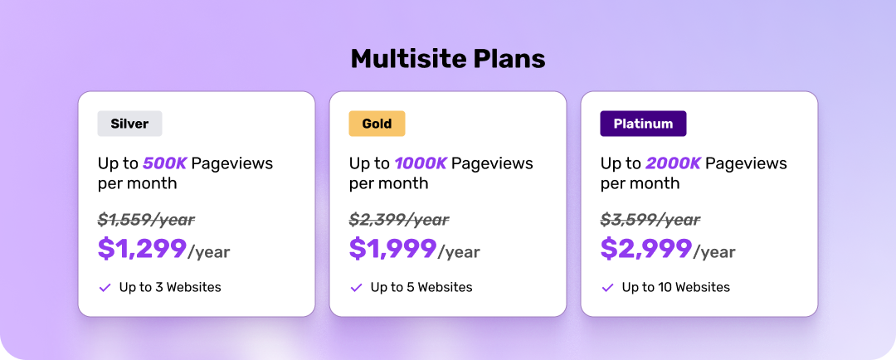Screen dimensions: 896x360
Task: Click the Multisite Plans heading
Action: tap(448, 59)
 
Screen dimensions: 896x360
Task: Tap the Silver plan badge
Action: tap(129, 124)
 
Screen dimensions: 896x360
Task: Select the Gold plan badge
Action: tap(377, 124)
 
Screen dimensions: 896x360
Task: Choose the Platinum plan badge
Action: tap(643, 124)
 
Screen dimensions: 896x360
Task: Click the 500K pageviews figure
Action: tap(164, 163)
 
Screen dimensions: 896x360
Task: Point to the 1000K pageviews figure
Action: tap(421, 163)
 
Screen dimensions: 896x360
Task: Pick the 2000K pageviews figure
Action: tap(673, 163)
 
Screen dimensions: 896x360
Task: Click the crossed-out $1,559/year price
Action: tap(146, 220)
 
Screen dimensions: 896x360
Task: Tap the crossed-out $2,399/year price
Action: tap(399, 220)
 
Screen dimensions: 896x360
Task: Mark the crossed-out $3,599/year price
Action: tap(650, 220)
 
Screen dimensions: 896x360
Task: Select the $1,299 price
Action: tap(143, 249)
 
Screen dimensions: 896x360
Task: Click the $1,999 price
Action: tap(393, 249)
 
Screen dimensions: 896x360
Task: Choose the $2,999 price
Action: tap(646, 249)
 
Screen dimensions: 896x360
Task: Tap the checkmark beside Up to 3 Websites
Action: tap(105, 288)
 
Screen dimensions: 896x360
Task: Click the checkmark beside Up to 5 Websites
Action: tap(356, 288)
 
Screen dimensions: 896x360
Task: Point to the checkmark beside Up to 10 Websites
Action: tap(607, 288)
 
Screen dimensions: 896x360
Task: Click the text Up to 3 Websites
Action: tap(170, 288)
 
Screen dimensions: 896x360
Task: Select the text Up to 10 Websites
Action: tap(676, 288)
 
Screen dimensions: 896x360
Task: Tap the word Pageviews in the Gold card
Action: tap(492, 164)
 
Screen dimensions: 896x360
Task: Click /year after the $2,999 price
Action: tap(714, 252)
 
